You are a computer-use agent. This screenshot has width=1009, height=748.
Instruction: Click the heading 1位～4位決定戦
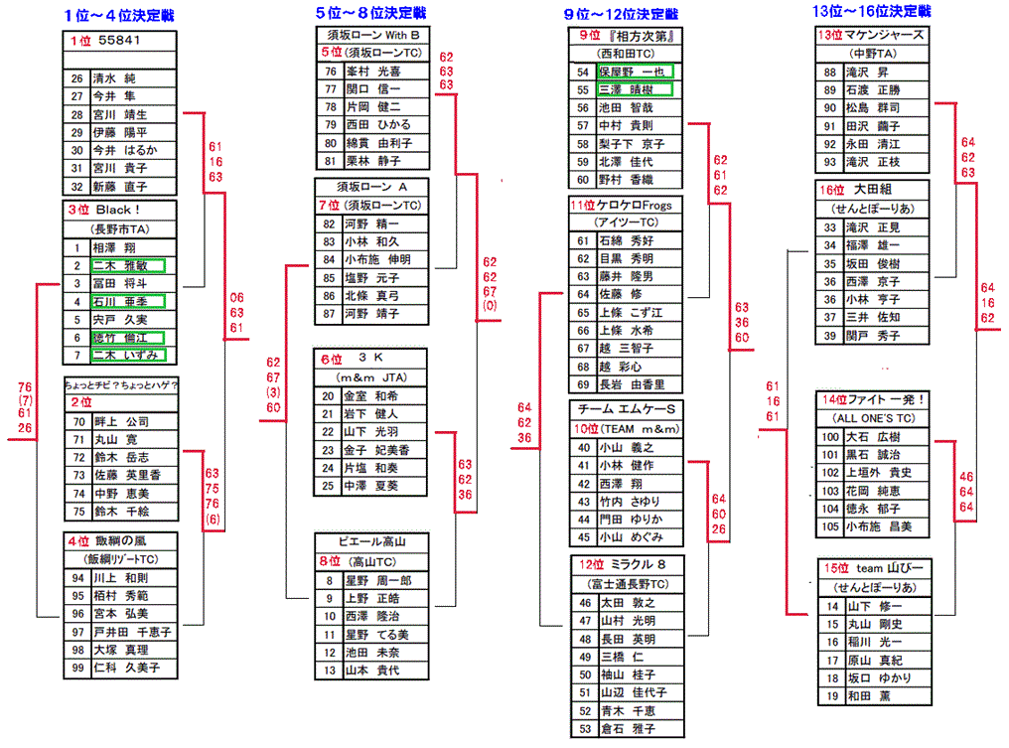pyautogui.click(x=122, y=14)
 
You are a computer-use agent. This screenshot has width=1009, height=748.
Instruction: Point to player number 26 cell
pyautogui.click(x=76, y=77)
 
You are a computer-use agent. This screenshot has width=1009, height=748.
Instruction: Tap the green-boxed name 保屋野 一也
pyautogui.click(x=635, y=72)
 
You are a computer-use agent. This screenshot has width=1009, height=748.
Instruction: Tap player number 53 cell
pyautogui.click(x=583, y=729)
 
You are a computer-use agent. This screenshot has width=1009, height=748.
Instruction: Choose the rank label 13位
pyautogui.click(x=830, y=35)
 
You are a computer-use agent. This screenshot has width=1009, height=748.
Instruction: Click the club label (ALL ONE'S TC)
pyautogui.click(x=873, y=418)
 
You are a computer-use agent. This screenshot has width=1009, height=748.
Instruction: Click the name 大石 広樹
pyautogui.click(x=871, y=437)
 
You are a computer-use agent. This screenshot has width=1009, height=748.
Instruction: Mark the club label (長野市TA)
pyautogui.click(x=120, y=228)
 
